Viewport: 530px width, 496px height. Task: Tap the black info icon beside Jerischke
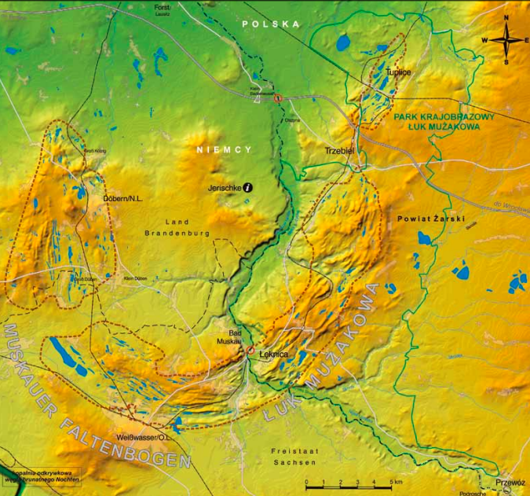[x=248, y=187]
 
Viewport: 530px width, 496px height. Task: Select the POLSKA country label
[x=271, y=24]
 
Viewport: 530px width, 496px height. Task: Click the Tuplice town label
[x=398, y=72]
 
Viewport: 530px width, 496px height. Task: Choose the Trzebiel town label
[x=341, y=149]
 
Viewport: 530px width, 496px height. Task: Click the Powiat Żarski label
[x=431, y=218]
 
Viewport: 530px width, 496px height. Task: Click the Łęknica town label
[x=274, y=356]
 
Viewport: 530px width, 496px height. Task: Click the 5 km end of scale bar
[x=391, y=482]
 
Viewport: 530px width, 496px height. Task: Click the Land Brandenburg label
[x=189, y=228]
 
